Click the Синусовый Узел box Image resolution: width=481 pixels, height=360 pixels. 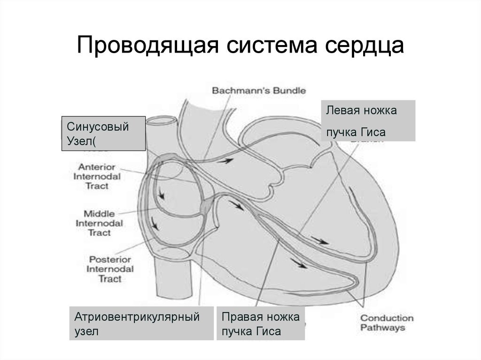coord(103,134)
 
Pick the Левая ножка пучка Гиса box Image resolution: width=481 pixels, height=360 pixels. coord(368,121)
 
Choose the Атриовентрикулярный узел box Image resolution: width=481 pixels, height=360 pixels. coord(140,323)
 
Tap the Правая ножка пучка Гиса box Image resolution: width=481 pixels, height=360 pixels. coord(260,323)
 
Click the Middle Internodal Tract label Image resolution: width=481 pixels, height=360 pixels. coord(100,223)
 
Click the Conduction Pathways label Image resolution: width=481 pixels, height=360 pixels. coord(387,323)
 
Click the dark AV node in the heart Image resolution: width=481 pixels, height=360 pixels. coord(206,205)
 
